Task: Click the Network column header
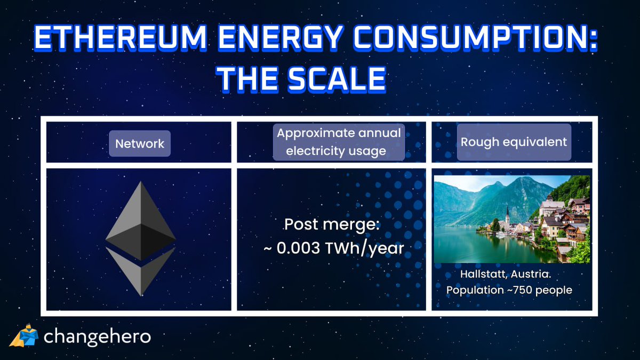click(x=140, y=143)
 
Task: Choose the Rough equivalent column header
click(x=514, y=142)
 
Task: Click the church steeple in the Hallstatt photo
click(x=507, y=213)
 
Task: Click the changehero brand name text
click(x=97, y=337)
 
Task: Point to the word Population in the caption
click(x=473, y=291)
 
